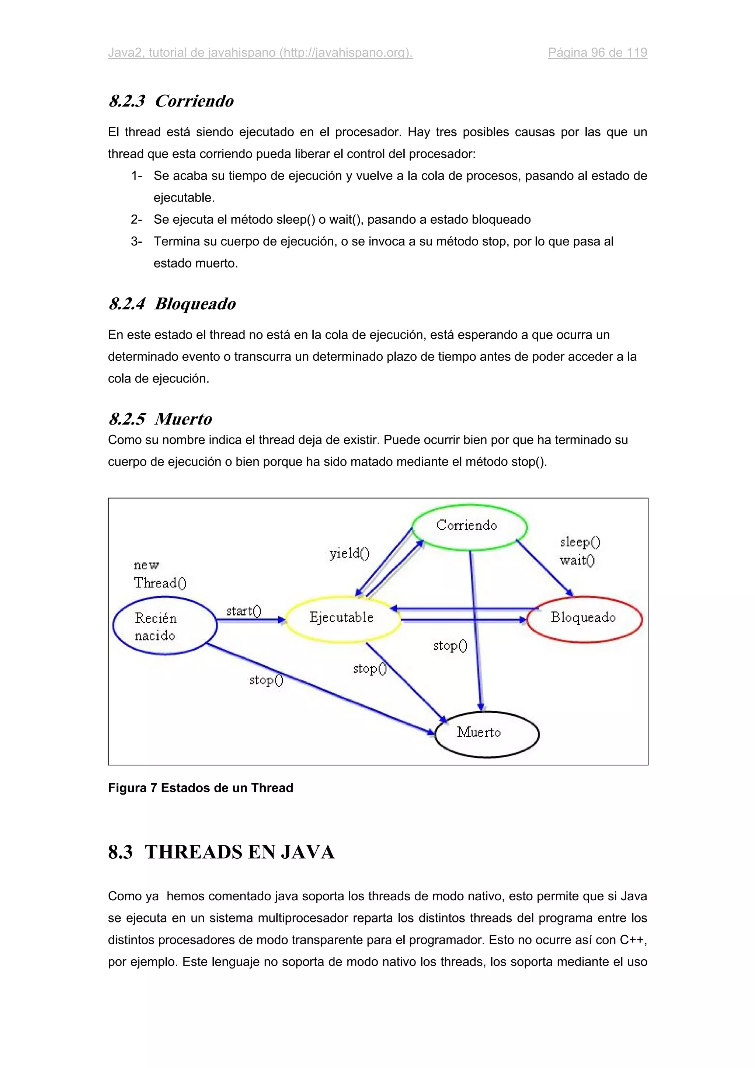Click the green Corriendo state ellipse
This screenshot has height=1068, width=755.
tap(469, 527)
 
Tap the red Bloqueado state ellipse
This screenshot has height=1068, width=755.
tap(585, 619)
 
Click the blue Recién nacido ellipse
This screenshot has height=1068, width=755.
tap(165, 626)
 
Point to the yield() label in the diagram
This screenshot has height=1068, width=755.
tap(349, 553)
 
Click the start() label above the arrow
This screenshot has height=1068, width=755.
tap(244, 611)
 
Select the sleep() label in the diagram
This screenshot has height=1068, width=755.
tap(580, 542)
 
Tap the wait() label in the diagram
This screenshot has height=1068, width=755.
tap(577, 560)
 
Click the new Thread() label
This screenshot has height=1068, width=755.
tap(160, 575)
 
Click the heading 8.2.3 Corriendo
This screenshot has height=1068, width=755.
tap(171, 101)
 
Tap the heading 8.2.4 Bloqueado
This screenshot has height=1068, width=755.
tap(172, 304)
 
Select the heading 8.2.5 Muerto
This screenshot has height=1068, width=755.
tap(160, 419)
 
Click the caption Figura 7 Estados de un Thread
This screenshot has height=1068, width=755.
tap(201, 788)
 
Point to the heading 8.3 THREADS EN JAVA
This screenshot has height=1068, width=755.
tap(222, 852)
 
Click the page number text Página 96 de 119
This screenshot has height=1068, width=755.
tap(597, 53)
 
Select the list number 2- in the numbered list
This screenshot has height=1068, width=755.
tap(136, 220)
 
